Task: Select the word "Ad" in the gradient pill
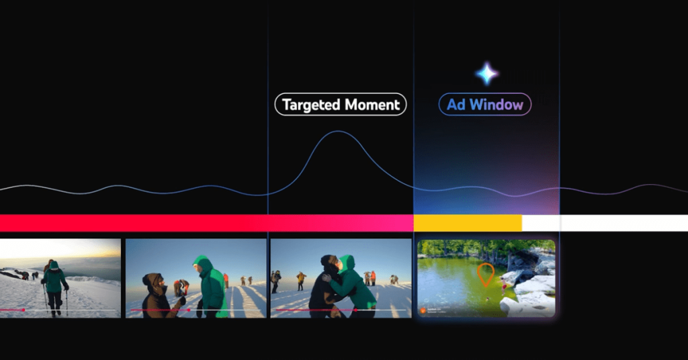pos(456,105)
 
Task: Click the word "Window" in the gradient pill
pos(495,105)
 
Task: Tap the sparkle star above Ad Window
pos(486,73)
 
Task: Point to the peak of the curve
pos(340,132)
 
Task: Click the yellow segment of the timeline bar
pos(467,223)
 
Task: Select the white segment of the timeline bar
pos(605,223)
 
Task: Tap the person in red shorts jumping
pos(504,285)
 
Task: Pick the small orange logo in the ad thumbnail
pos(423,310)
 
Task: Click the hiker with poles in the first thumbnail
pos(54,282)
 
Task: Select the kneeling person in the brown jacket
pos(156,296)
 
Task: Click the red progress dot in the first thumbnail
pos(24,310)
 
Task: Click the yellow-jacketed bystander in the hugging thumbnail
pos(301,279)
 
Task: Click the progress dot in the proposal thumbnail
pos(189,310)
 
